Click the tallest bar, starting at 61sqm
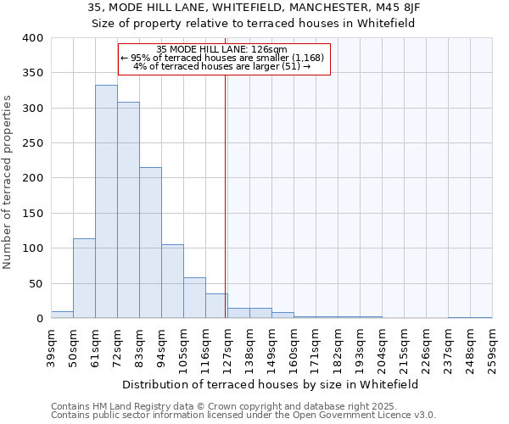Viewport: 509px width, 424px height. (x=106, y=202)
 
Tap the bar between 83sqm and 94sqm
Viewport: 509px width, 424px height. (x=150, y=243)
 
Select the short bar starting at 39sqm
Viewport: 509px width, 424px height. (x=62, y=315)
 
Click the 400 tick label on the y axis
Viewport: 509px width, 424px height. (x=32, y=38)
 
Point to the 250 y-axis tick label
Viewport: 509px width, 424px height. (x=32, y=143)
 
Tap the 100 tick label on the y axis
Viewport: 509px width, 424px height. (x=32, y=248)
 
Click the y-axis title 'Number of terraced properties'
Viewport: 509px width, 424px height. (x=8, y=182)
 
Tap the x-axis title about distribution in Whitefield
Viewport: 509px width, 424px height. (x=271, y=384)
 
